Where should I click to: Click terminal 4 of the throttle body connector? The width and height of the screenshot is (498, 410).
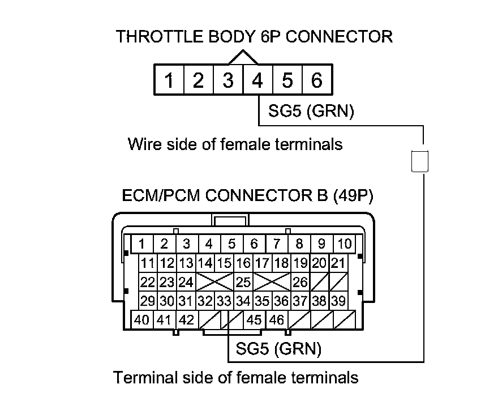(x=257, y=81)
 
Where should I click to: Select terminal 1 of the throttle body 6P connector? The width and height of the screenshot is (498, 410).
(x=169, y=81)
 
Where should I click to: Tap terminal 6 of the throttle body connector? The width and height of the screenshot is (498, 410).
(x=317, y=81)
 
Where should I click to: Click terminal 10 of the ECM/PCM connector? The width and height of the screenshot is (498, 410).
(x=344, y=244)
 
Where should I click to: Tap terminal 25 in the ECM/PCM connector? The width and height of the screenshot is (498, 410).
(x=243, y=281)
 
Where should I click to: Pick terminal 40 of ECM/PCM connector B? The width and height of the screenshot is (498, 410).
(x=142, y=320)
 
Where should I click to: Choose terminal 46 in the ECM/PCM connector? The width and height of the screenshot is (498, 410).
(x=276, y=320)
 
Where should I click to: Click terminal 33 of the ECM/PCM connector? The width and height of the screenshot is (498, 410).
(x=224, y=301)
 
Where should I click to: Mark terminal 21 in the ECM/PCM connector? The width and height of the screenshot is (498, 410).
(x=338, y=263)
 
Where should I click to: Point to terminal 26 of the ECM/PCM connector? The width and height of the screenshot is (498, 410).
(x=300, y=281)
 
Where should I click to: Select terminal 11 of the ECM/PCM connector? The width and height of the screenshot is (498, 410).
(x=148, y=263)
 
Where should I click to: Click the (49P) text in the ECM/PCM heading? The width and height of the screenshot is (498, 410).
(x=354, y=196)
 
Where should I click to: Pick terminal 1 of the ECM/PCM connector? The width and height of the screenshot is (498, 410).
(x=142, y=244)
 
